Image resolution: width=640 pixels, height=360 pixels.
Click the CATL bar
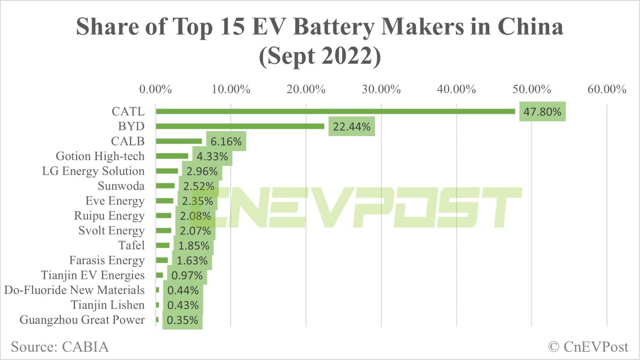[x=335, y=111]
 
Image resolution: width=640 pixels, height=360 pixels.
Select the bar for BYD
[x=240, y=126]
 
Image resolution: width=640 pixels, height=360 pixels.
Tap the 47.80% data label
[x=542, y=112]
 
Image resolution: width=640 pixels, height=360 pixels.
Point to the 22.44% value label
[x=352, y=127]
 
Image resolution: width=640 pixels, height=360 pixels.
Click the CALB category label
[x=128, y=141]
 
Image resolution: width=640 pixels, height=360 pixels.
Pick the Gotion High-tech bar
[x=172, y=156]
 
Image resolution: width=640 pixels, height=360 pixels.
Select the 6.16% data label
[x=226, y=142]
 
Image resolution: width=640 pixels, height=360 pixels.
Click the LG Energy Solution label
[x=93, y=171]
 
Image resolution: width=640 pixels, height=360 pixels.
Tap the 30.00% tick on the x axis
[x=381, y=89]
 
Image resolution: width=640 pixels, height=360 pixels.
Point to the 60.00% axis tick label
[x=607, y=89]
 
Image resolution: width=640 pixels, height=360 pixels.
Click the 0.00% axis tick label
[x=155, y=89]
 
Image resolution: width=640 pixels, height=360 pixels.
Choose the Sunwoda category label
[x=121, y=186]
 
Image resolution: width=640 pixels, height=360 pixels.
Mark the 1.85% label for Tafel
[x=194, y=246]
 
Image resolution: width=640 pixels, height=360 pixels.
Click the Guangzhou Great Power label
[x=82, y=320]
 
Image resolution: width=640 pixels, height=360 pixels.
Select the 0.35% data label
[x=182, y=320]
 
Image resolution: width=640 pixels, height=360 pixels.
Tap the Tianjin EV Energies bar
[x=160, y=275]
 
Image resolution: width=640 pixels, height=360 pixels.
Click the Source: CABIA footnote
[x=60, y=347]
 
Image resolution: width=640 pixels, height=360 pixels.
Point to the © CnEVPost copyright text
[x=588, y=347]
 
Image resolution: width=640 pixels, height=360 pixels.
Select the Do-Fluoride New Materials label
[x=74, y=290]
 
